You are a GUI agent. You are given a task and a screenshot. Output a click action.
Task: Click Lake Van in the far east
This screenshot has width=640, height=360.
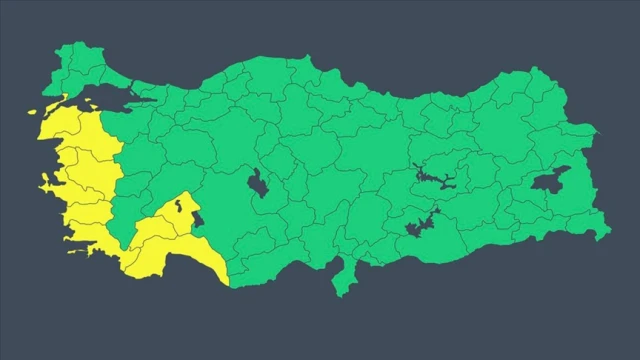click(550, 180)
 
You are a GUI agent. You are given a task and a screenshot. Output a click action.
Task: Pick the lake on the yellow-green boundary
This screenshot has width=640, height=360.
click(196, 217)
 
